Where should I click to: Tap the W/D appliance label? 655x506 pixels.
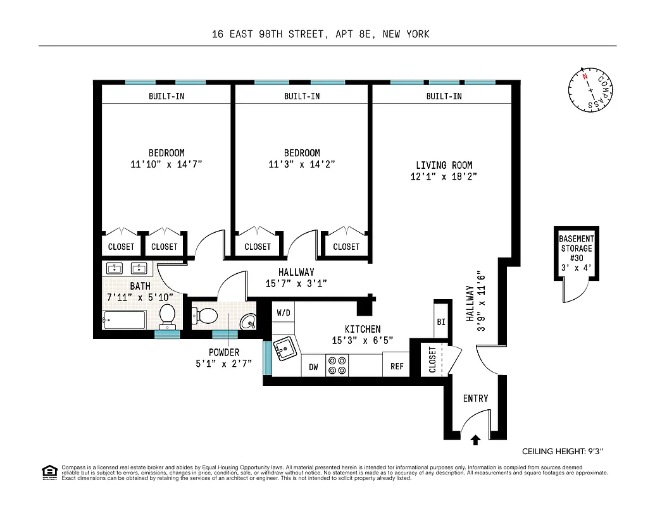click(282, 312)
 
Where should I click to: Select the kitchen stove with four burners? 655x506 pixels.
click(337, 366)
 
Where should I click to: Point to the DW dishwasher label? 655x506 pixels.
click(313, 367)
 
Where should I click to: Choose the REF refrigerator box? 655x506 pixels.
click(397, 366)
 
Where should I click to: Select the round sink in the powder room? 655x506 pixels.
click(249, 321)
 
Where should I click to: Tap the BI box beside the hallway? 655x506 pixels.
click(441, 322)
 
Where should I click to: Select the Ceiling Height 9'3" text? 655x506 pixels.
click(562, 452)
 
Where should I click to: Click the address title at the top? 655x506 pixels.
click(321, 34)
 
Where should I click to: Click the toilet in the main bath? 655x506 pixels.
click(168, 316)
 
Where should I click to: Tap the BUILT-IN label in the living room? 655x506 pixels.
click(444, 96)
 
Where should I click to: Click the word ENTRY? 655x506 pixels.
click(475, 398)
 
